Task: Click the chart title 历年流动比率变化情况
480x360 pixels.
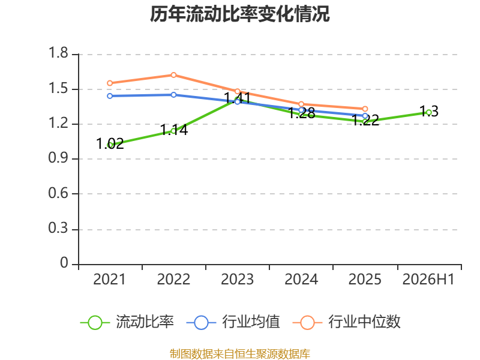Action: click(x=239, y=14)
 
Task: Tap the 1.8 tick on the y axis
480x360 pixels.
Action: click(x=58, y=53)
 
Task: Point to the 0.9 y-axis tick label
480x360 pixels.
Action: click(x=58, y=158)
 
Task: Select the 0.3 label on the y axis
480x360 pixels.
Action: click(x=58, y=228)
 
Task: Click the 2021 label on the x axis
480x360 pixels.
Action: click(x=110, y=279)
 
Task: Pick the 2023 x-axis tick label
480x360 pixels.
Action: click(x=237, y=279)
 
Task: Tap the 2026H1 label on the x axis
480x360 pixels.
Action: click(x=428, y=279)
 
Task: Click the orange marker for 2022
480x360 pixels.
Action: click(x=173, y=75)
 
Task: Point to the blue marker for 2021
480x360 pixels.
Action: click(x=110, y=96)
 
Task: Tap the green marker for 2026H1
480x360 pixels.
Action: click(x=429, y=112)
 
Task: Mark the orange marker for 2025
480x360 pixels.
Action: click(x=365, y=109)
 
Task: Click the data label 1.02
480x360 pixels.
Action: click(x=110, y=143)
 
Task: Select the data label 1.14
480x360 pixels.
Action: click(x=174, y=130)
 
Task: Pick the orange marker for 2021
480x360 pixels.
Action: click(x=110, y=83)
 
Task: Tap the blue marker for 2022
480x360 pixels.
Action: click(x=173, y=95)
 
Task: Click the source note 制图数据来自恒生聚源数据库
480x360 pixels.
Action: click(x=240, y=354)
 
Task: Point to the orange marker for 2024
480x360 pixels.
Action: click(x=301, y=104)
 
